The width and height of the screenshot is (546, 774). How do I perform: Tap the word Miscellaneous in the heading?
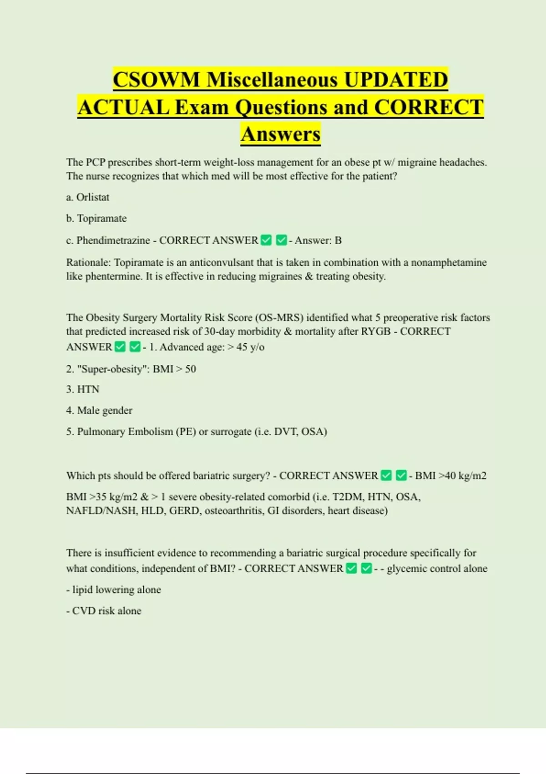click(272, 80)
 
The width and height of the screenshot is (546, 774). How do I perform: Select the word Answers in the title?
click(281, 134)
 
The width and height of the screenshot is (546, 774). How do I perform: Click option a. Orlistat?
click(88, 197)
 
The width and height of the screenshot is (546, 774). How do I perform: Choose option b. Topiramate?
click(96, 219)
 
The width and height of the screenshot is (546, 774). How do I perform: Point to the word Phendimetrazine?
click(113, 240)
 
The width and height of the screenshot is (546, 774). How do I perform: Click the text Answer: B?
click(318, 240)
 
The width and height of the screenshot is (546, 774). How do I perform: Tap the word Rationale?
click(88, 263)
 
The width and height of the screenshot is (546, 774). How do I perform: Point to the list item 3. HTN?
click(83, 389)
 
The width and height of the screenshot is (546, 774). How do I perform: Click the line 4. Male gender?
click(99, 411)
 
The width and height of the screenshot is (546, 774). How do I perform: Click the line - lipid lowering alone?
click(114, 590)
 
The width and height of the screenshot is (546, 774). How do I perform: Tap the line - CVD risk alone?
click(104, 611)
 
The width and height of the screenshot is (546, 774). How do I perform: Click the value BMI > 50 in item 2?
click(174, 369)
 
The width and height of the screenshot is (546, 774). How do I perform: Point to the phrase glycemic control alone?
click(437, 569)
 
